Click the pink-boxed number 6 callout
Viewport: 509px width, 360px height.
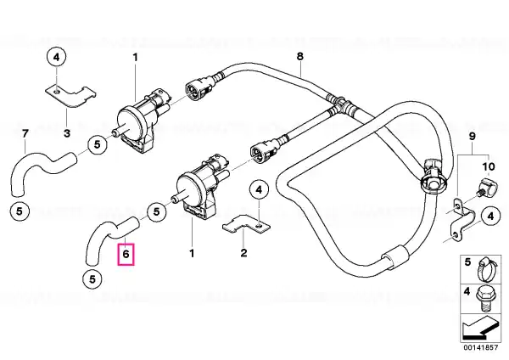point(126,254)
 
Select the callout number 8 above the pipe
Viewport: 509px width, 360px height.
point(300,56)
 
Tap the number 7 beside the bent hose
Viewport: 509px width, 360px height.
point(25,133)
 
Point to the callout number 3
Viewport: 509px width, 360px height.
point(67,133)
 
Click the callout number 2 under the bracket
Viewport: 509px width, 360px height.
point(243,252)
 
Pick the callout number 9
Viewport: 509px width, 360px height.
point(472,136)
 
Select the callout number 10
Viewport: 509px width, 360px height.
point(489,166)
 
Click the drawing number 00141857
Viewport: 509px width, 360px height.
point(480,347)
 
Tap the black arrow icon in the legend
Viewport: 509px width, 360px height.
point(479,329)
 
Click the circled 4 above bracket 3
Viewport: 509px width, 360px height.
point(57,58)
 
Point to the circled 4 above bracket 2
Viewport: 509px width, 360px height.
point(259,189)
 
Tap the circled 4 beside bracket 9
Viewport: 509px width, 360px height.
point(490,216)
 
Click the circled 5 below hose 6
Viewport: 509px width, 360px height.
point(92,279)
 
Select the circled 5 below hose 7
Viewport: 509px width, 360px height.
point(20,211)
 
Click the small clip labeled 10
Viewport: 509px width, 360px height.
point(486,189)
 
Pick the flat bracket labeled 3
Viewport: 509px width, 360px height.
point(70,96)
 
